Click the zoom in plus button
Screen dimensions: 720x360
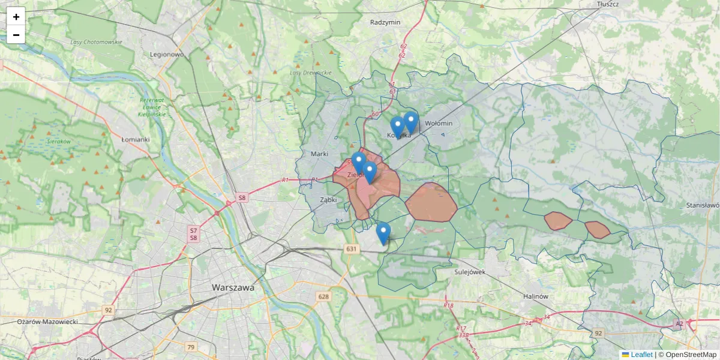16,17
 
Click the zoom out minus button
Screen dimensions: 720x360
16,35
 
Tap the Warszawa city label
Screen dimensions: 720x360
233,287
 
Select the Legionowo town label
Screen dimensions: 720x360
167,54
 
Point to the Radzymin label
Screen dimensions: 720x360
385,22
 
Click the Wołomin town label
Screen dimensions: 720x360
438,123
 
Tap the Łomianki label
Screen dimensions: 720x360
135,139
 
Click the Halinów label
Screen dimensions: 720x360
536,296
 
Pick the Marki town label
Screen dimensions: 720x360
319,154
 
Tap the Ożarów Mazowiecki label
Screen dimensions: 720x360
47,322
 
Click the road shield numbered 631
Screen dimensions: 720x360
352,249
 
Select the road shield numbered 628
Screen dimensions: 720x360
324,296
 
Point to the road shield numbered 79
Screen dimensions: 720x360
191,347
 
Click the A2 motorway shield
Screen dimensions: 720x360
679,324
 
